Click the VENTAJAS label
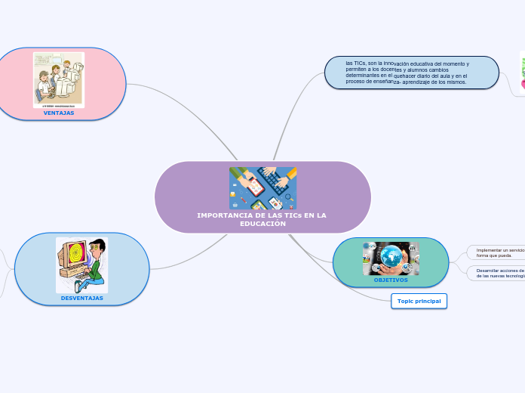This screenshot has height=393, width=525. click(59, 113)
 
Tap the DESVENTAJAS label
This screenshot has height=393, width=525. click(82, 298)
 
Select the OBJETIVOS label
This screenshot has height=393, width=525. click(391, 280)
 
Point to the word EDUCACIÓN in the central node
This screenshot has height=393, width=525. click(262, 224)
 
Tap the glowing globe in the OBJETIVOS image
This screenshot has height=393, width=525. click(391, 255)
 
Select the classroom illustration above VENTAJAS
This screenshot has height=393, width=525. click(59, 79)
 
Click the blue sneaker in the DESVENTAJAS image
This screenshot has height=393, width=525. click(78, 286)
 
